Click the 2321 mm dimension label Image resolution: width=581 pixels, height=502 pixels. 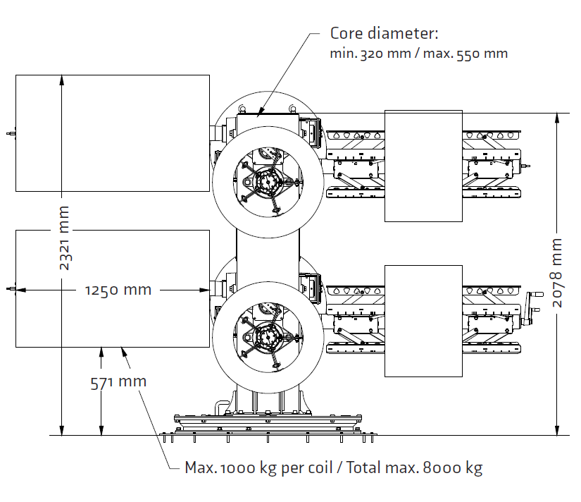point(64,238)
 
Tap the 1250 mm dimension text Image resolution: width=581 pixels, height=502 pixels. point(118,290)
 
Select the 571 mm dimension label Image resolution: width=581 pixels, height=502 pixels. point(118,382)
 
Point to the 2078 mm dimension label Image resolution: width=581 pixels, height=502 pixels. point(557,271)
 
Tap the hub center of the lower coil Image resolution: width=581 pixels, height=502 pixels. point(268,338)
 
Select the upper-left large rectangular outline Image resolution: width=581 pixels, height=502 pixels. point(113,133)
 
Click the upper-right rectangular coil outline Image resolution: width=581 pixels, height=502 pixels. point(423,166)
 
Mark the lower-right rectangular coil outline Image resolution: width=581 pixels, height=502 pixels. point(423,321)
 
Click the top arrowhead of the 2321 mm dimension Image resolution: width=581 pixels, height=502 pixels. point(62,79)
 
